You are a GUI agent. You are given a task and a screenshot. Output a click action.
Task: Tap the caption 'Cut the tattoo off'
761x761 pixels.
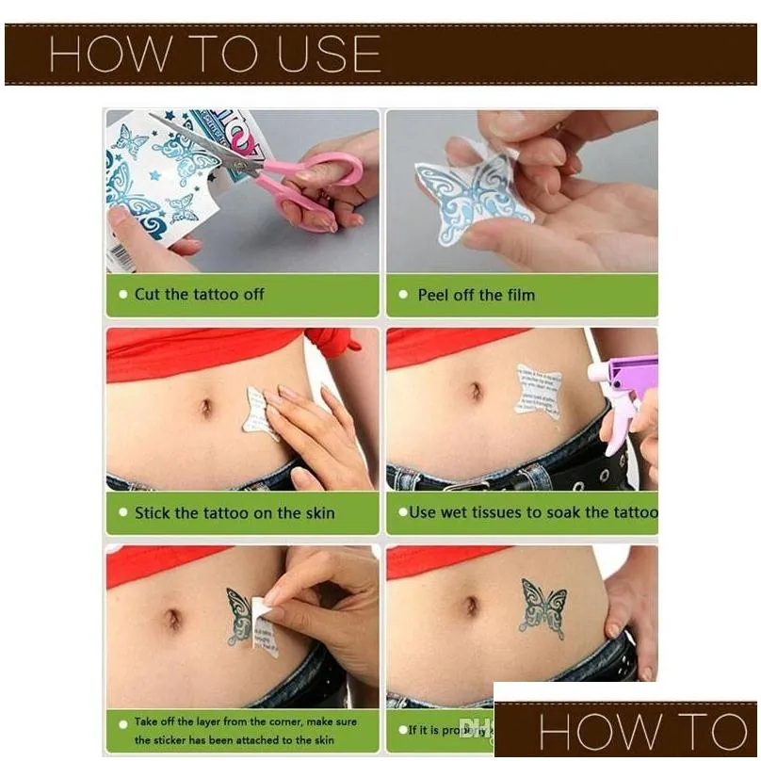pyautogui.click(x=199, y=294)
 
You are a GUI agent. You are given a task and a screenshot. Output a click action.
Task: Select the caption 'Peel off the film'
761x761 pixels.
pyautogui.click(x=476, y=295)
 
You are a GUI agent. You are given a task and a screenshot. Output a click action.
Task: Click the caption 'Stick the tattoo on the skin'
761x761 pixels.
pyautogui.click(x=235, y=513)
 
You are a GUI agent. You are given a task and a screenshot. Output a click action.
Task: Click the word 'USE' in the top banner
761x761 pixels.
pyautogui.click(x=320, y=55)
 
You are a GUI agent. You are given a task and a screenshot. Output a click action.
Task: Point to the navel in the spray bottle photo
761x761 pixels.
pyautogui.click(x=476, y=391)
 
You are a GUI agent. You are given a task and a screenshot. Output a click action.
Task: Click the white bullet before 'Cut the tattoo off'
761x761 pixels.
pyautogui.click(x=121, y=295)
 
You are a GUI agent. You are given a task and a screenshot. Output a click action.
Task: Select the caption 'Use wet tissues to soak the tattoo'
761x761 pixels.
pyautogui.click(x=533, y=512)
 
